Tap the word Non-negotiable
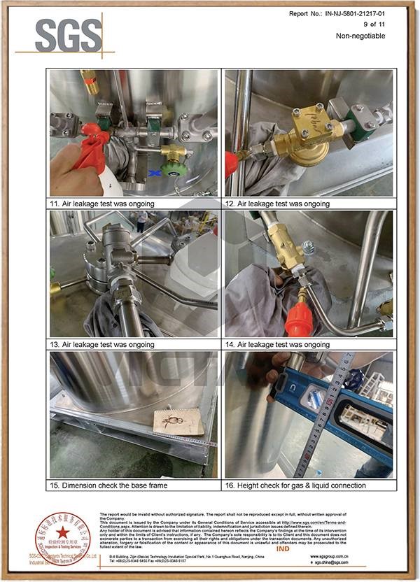click(360, 36)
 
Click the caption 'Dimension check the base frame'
click(121, 485)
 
